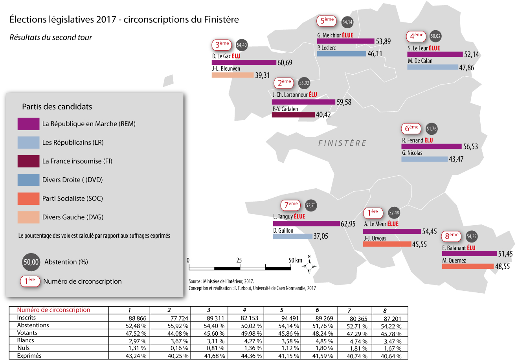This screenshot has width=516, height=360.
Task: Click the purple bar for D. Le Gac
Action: click(x=244, y=62)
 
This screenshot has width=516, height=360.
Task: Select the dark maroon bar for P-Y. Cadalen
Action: click(x=293, y=115)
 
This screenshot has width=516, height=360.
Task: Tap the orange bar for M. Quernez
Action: click(x=468, y=266)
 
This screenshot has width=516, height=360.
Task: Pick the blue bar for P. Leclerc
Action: click(x=342, y=54)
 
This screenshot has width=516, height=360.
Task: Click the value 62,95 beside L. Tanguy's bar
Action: click(x=348, y=224)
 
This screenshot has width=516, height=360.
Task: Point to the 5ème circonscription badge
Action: click(x=327, y=21)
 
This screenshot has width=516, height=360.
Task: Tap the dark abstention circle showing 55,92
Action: click(x=304, y=83)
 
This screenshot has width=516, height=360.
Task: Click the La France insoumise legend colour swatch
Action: click(x=28, y=161)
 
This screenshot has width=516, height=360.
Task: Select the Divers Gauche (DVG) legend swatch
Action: click(x=28, y=217)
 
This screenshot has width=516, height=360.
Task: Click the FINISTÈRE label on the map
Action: click(x=342, y=143)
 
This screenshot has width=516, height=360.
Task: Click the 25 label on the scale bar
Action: click(x=239, y=260)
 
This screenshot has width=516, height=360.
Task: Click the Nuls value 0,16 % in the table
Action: click(x=178, y=348)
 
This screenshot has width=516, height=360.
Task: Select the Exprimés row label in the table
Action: click(x=29, y=356)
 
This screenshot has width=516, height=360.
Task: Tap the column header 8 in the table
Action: click(x=385, y=311)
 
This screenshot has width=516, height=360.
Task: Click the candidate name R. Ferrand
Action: click(x=413, y=140)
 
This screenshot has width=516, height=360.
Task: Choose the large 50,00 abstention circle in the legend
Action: click(x=31, y=262)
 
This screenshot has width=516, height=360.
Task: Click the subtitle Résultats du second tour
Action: click(x=51, y=37)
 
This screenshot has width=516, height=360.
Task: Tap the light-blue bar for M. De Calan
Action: click(x=433, y=67)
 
